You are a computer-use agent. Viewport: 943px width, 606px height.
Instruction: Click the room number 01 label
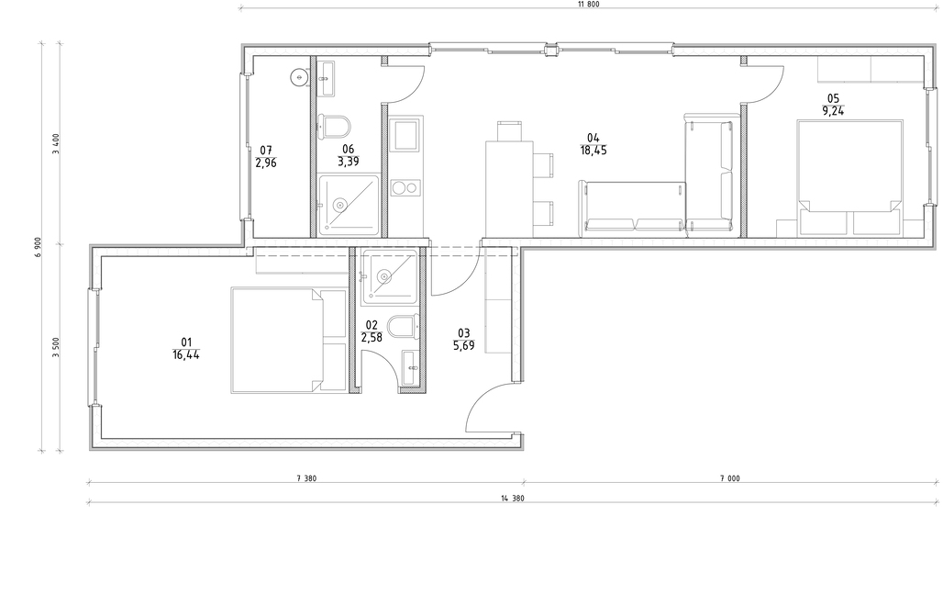pyautogui.click(x=186, y=342)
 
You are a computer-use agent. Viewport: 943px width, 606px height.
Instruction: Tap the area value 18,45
pyautogui.click(x=594, y=151)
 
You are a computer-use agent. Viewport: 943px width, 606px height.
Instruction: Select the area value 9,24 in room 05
pyautogui.click(x=833, y=111)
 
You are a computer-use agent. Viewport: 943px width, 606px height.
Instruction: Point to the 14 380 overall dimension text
pyautogui.click(x=513, y=499)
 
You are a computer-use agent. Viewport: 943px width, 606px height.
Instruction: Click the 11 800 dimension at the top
pyautogui.click(x=588, y=5)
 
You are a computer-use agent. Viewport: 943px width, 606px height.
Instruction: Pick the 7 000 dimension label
pyautogui.click(x=730, y=478)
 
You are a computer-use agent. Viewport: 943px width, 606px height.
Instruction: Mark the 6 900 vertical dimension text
pyautogui.click(x=39, y=247)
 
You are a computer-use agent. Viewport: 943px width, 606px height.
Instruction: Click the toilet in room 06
pyautogui.click(x=334, y=127)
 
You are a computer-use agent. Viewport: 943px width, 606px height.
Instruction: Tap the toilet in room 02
pyautogui.click(x=403, y=326)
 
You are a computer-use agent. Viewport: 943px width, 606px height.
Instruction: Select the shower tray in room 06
pyautogui.click(x=349, y=205)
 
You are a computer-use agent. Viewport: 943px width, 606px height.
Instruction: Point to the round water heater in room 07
pyautogui.click(x=299, y=77)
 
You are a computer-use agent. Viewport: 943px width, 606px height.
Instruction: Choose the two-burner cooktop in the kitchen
pyautogui.click(x=406, y=188)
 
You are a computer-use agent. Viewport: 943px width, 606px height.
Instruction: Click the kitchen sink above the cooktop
pyautogui.click(x=406, y=134)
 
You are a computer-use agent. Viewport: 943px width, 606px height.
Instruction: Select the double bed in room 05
pyautogui.click(x=849, y=178)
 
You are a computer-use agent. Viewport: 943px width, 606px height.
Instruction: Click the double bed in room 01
pyautogui.click(x=289, y=341)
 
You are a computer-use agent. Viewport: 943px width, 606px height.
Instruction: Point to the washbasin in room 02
pyautogui.click(x=412, y=367)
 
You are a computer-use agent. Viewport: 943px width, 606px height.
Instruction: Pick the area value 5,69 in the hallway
pyautogui.click(x=463, y=345)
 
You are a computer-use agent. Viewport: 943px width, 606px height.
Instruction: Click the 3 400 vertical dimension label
pyautogui.click(x=57, y=144)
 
